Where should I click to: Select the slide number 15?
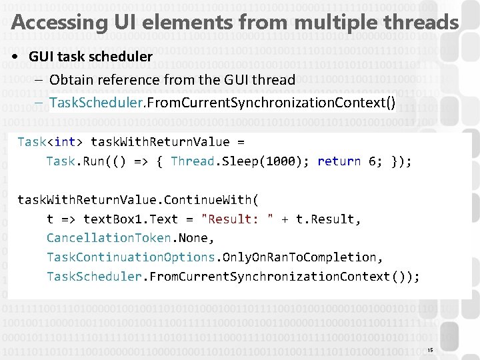(430, 350)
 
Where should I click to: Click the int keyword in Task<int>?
(65, 142)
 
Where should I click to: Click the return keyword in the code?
(339, 161)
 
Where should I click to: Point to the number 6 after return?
(373, 161)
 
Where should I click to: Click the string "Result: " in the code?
(237, 219)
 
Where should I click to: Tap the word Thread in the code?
(192, 161)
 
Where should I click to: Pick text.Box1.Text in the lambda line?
(131, 219)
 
